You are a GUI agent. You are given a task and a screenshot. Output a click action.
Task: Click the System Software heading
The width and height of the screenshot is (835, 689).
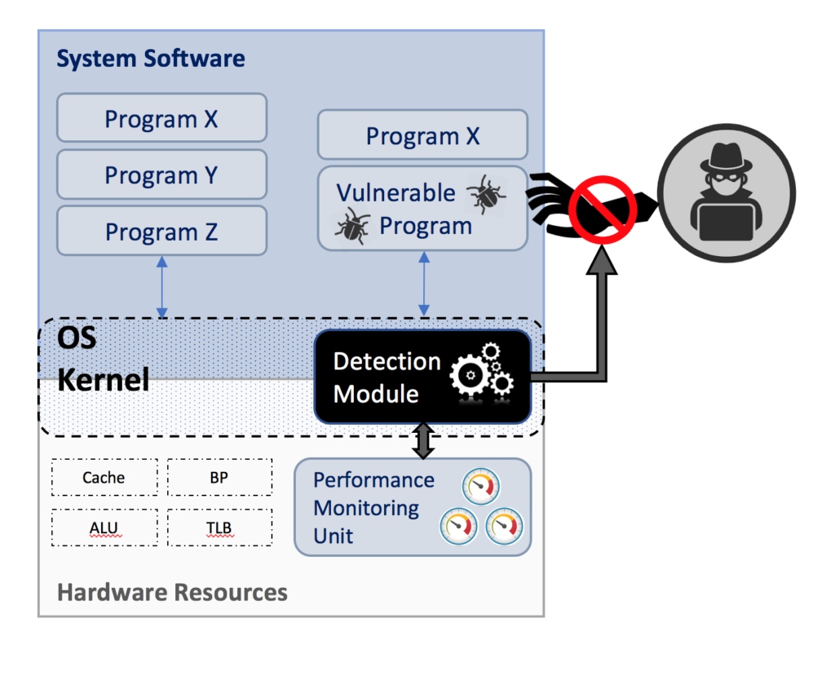pyautogui.click(x=150, y=59)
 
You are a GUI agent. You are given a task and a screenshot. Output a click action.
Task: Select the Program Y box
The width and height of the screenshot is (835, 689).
pyautogui.click(x=161, y=174)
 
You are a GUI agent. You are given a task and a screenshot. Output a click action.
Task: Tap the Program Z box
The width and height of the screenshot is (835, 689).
pyautogui.click(x=161, y=232)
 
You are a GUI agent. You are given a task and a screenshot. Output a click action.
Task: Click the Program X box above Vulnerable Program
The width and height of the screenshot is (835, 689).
pyautogui.click(x=422, y=135)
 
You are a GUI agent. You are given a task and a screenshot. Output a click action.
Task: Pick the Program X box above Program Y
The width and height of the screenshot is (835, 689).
pyautogui.click(x=161, y=119)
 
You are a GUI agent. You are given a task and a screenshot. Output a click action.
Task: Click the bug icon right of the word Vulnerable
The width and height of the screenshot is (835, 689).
pyautogui.click(x=485, y=194)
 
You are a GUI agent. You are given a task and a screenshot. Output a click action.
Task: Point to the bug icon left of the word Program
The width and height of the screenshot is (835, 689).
pyautogui.click(x=353, y=226)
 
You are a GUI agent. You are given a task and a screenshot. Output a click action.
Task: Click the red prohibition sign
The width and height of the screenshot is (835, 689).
pyautogui.click(x=603, y=207)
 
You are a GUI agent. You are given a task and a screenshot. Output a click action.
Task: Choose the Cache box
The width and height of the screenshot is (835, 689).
pyautogui.click(x=104, y=477)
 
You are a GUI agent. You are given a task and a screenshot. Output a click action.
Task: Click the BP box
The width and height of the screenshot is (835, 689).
pyautogui.click(x=219, y=477)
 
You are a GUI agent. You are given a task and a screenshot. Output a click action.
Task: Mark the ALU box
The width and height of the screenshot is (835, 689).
pyautogui.click(x=104, y=528)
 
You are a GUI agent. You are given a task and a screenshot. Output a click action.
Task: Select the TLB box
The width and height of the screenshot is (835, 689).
pyautogui.click(x=219, y=528)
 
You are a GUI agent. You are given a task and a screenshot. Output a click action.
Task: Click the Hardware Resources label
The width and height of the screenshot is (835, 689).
pyautogui.click(x=172, y=592)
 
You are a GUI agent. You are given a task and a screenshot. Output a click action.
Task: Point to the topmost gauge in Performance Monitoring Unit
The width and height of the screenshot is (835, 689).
pyautogui.click(x=480, y=487)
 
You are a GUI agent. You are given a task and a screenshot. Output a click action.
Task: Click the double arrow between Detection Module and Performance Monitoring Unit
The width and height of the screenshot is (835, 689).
pyautogui.click(x=422, y=440)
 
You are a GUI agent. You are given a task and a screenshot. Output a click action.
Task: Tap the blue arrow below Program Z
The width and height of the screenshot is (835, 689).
pyautogui.click(x=161, y=287)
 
